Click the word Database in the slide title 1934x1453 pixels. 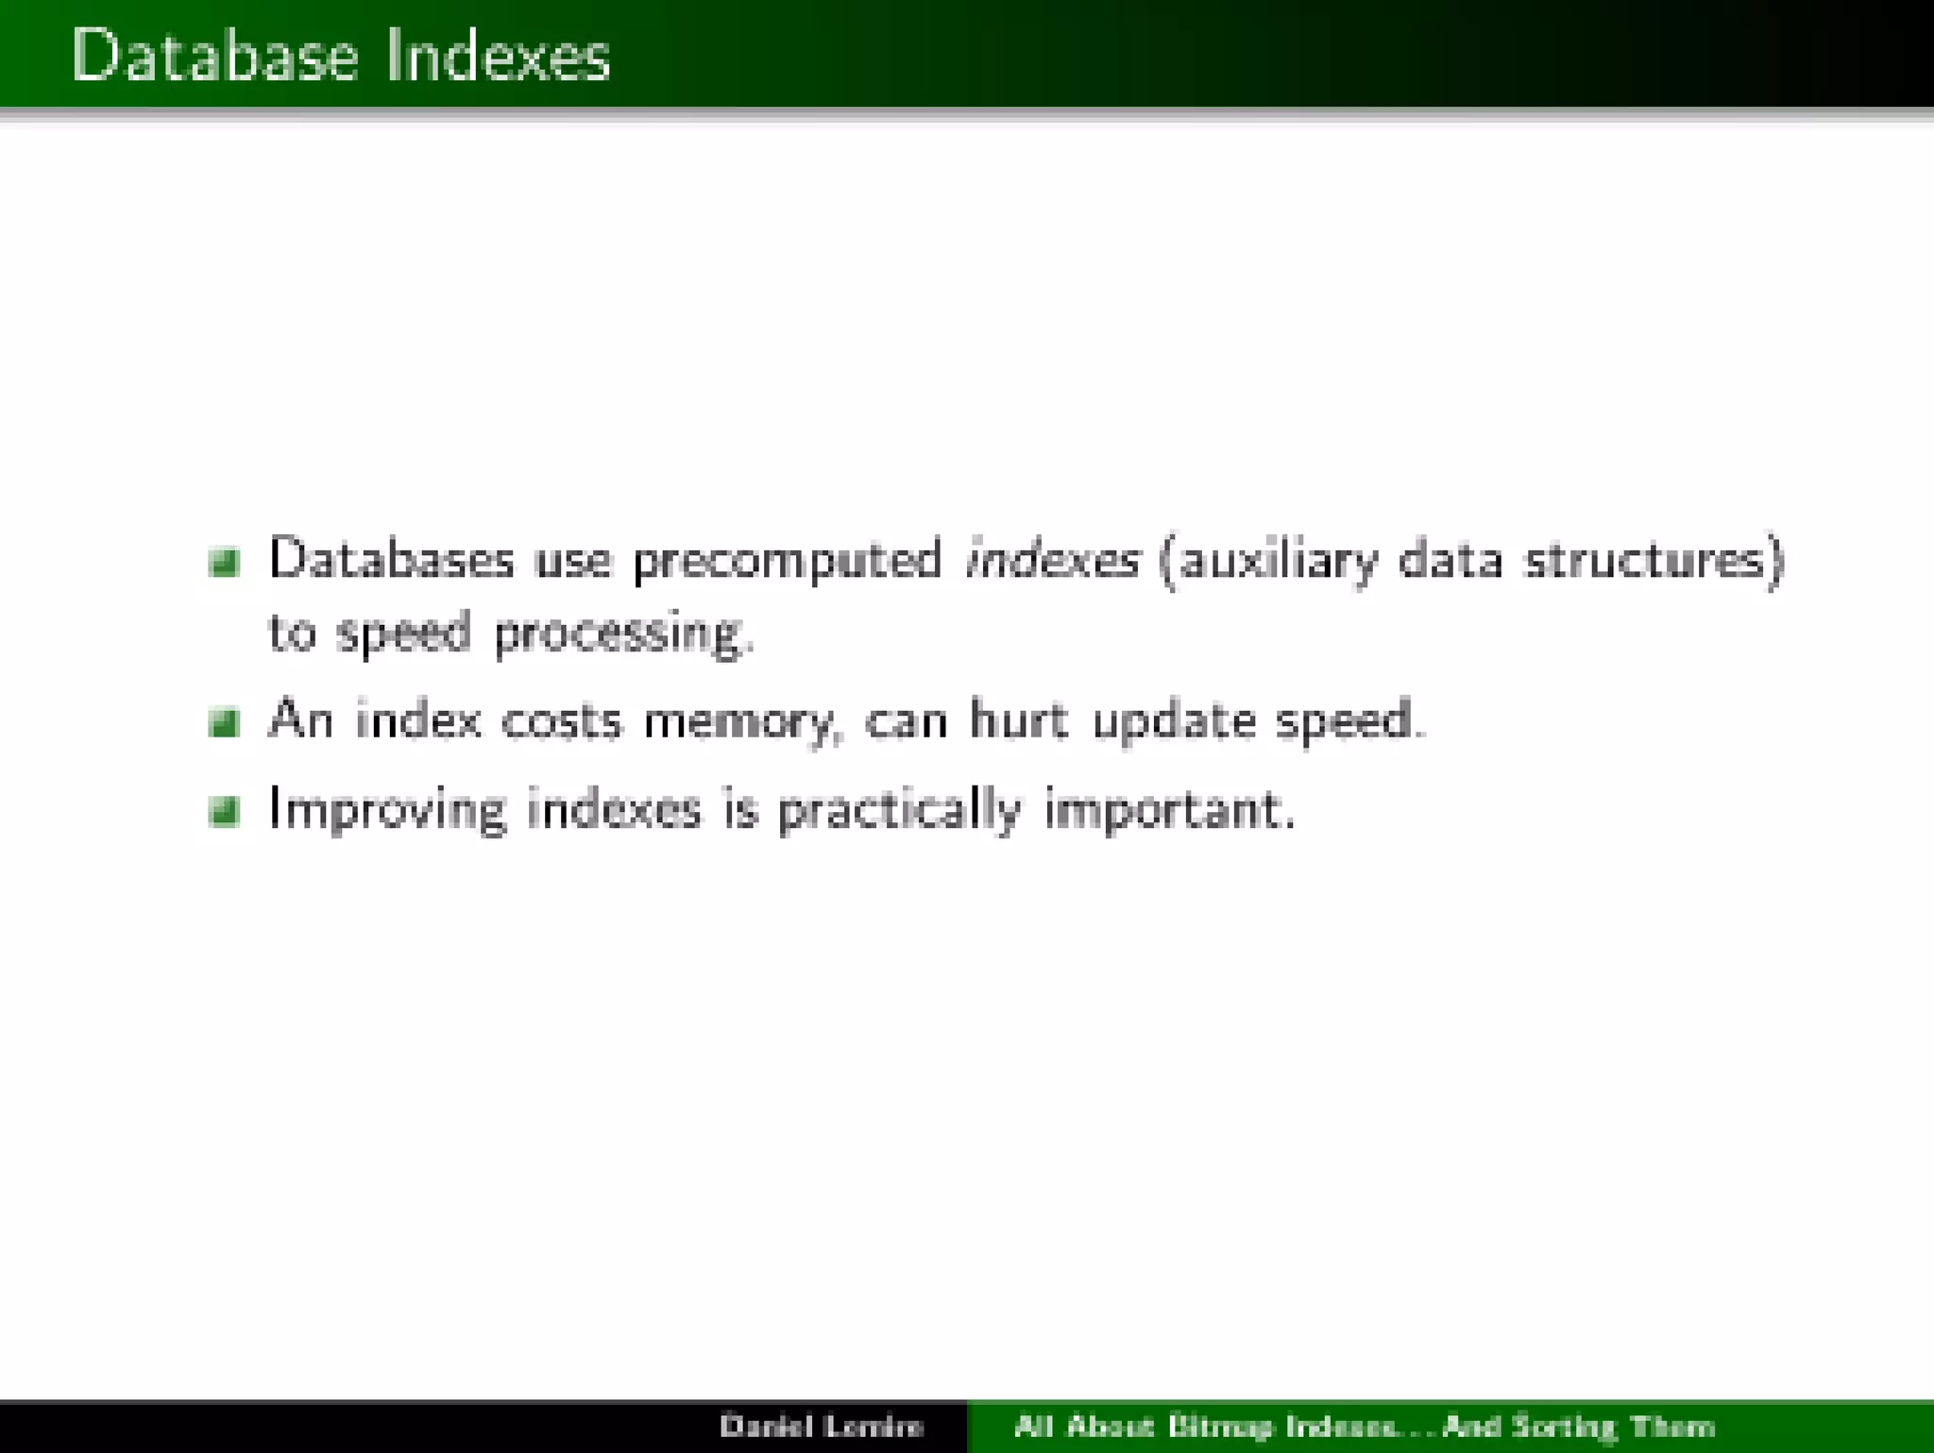(215, 55)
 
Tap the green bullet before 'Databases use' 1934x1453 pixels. (224, 562)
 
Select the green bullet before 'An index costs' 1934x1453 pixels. (224, 723)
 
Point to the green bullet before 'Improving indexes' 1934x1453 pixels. (224, 811)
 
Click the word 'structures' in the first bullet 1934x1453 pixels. (1649, 559)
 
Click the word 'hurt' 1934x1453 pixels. (1019, 720)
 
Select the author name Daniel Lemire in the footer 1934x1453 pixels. (821, 1426)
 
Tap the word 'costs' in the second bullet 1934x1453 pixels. (562, 721)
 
